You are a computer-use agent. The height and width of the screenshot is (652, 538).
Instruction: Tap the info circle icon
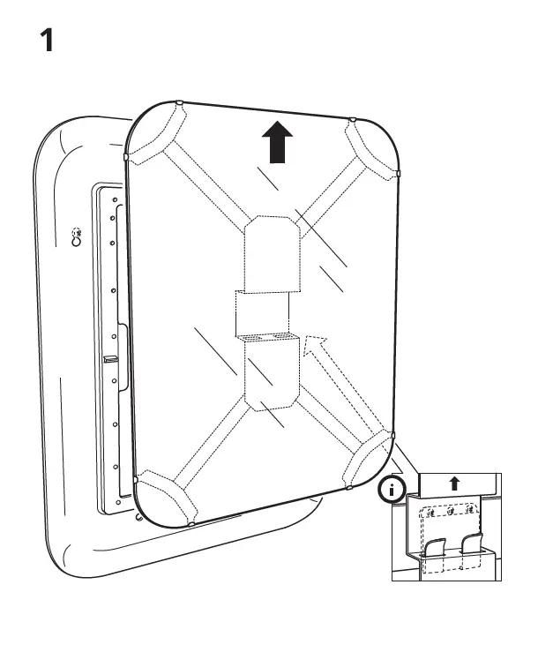click(390, 489)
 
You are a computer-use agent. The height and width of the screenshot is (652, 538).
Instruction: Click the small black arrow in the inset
click(454, 483)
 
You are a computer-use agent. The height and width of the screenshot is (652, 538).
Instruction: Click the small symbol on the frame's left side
click(78, 240)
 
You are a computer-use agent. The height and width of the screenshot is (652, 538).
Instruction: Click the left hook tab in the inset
click(433, 552)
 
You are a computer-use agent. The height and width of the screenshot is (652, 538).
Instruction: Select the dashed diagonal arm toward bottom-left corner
click(208, 446)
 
